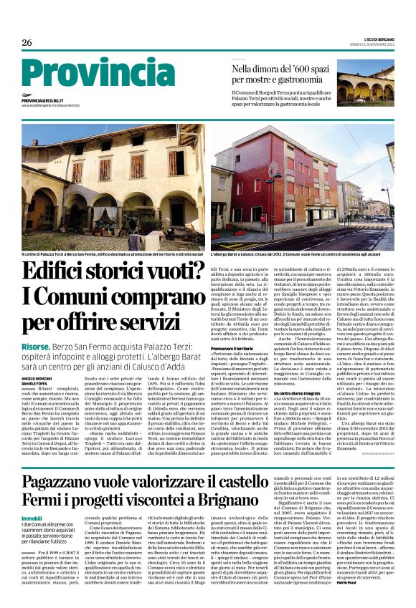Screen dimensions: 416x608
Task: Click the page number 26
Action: (x=28, y=42)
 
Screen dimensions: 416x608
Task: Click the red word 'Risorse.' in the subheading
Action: (x=36, y=344)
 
